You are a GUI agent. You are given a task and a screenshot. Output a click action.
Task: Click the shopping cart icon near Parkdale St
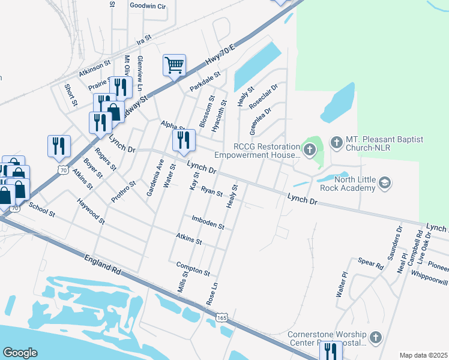[174, 65]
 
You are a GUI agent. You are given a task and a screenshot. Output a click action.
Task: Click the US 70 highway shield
[63, 170]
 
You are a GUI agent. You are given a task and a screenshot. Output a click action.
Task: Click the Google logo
[20, 353]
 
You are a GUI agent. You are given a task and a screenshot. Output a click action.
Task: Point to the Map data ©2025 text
[423, 355]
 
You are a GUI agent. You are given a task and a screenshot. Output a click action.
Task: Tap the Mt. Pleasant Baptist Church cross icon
[336, 143]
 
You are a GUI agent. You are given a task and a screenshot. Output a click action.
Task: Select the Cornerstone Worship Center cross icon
[376, 337]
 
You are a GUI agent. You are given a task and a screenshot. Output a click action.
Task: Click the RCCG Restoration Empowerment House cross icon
[310, 150]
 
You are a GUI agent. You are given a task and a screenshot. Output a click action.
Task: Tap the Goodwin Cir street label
[148, 5]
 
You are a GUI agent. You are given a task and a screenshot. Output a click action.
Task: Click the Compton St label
[193, 268]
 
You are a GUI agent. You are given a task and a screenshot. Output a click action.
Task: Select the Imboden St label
[208, 223]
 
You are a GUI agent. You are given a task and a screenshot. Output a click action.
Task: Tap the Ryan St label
[212, 191]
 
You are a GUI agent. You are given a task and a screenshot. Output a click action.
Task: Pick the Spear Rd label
[370, 263]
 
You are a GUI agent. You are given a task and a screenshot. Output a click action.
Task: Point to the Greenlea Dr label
[261, 119]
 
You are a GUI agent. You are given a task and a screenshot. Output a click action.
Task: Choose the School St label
[41, 211]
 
